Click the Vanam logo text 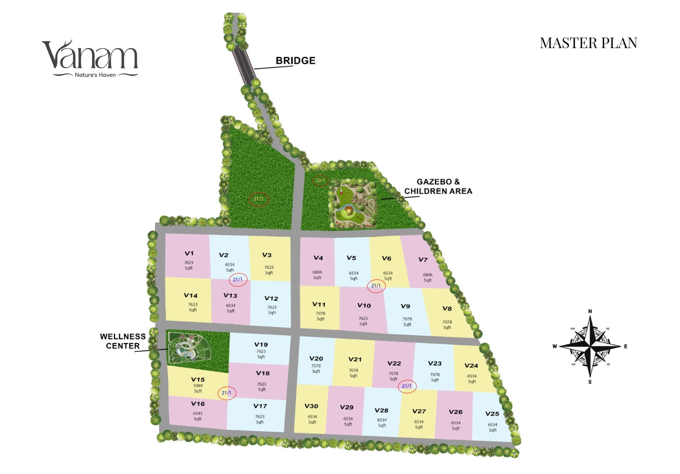[90, 55]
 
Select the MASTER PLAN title [588, 43]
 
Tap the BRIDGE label [295, 61]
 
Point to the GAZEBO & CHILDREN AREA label [438, 186]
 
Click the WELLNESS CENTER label [123, 341]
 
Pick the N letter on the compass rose [590, 311]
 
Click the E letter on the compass [625, 346]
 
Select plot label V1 [189, 253]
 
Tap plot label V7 [423, 259]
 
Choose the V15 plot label [198, 379]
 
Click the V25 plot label [492, 414]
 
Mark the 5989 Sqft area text [198, 388]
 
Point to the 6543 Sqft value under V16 [198, 416]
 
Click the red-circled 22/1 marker [320, 181]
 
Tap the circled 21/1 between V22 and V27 [407, 386]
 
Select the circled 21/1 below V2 [238, 279]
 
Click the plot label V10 [364, 305]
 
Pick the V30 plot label [311, 406]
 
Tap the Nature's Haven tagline [95, 75]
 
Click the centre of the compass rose [590, 346]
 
